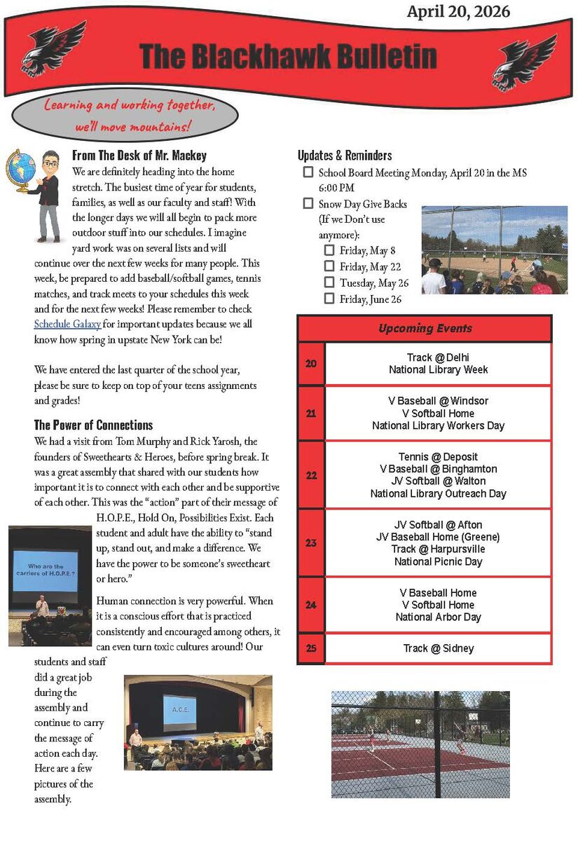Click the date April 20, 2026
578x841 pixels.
coord(458,11)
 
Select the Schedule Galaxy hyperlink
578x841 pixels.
coord(68,324)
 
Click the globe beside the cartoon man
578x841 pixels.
coord(20,170)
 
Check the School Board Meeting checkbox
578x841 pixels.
coord(308,172)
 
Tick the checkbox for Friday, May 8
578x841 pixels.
coord(329,250)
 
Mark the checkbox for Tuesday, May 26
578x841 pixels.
coord(329,282)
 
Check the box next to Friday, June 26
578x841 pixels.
coord(329,299)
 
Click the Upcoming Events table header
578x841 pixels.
coord(425,328)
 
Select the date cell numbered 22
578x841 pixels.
coord(311,474)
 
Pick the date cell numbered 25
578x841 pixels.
coord(311,648)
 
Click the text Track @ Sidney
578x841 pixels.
coord(439,648)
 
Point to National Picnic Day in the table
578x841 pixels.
coord(438,561)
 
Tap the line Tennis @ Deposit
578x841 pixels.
coord(438,457)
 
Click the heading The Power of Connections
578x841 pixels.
coord(93,425)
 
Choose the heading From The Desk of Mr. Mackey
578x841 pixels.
coord(139,156)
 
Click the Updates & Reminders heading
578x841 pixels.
coord(345,156)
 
